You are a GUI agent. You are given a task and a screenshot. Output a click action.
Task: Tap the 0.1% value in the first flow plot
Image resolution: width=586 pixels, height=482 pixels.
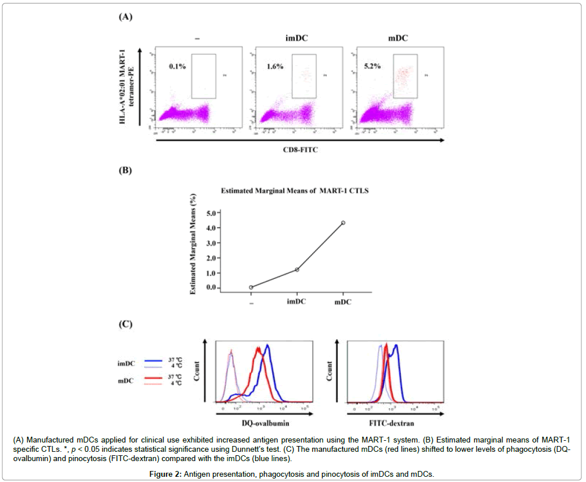[x=178, y=67]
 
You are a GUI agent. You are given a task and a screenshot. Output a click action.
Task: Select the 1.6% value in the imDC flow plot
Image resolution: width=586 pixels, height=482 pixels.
[x=275, y=67]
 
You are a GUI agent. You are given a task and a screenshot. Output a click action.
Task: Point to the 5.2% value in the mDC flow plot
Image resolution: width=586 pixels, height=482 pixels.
[x=372, y=67]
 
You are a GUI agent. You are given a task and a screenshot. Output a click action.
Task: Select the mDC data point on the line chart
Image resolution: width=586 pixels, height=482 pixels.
[x=343, y=222]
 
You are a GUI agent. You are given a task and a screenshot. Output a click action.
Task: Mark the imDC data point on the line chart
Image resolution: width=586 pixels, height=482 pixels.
[x=297, y=269]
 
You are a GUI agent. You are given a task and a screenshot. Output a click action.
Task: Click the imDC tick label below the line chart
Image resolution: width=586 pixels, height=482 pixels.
[x=297, y=303]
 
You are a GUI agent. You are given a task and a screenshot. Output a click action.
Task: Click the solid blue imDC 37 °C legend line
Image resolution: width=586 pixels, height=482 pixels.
[x=152, y=360]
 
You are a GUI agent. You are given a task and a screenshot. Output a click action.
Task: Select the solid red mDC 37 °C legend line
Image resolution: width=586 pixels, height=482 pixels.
[x=152, y=379]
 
